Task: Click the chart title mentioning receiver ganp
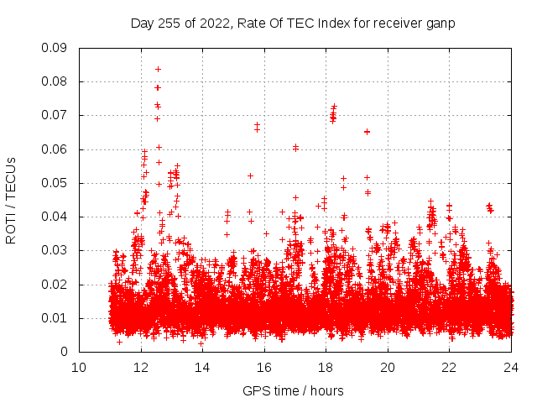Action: pos(293,24)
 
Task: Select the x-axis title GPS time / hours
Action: pos(293,390)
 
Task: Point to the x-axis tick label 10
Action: pos(79,367)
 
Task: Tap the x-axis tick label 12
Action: pos(141,367)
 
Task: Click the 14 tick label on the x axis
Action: pos(202,367)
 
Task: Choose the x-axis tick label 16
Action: pos(264,367)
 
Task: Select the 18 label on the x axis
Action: pos(326,367)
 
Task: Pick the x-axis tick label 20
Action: pos(388,367)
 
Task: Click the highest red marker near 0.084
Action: pos(158,69)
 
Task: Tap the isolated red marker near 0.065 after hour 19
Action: pos(367,132)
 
